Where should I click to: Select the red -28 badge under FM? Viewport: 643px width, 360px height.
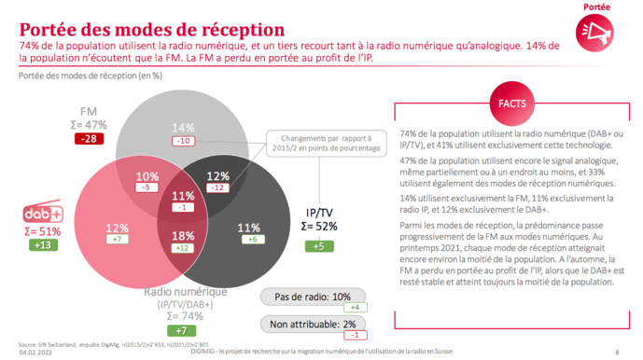click(x=91, y=138)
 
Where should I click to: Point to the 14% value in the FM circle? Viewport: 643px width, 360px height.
click(x=182, y=128)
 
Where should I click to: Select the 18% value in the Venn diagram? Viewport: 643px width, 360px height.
click(x=183, y=236)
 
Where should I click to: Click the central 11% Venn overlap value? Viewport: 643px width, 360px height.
click(x=183, y=195)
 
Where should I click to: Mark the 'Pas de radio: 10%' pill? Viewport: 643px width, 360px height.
click(x=309, y=296)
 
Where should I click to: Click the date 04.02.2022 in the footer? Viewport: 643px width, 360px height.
click(x=34, y=353)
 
